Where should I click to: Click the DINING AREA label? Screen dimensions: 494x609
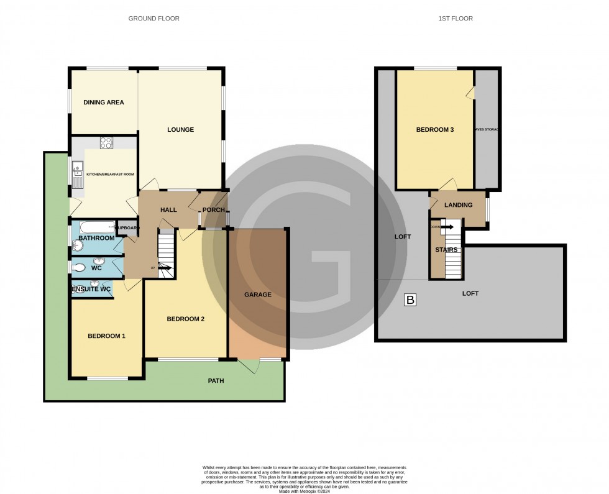pyautogui.click(x=104, y=103)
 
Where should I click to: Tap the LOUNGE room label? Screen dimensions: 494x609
pyautogui.click(x=180, y=130)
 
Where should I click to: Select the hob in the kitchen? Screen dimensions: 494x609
pyautogui.click(x=106, y=142)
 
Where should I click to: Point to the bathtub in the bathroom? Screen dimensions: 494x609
pyautogui.click(x=93, y=227)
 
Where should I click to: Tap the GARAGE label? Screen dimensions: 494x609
pyautogui.click(x=257, y=295)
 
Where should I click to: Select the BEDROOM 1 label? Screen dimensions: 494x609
pyautogui.click(x=106, y=336)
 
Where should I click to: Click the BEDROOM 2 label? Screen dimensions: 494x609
pyautogui.click(x=185, y=319)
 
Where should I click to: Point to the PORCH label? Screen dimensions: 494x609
pyautogui.click(x=214, y=210)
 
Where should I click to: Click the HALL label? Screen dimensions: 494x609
pyautogui.click(x=168, y=210)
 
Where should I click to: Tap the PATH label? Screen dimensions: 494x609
pyautogui.click(x=216, y=381)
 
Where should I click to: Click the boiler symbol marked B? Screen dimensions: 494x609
pyautogui.click(x=410, y=300)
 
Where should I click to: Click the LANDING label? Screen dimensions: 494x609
pyautogui.click(x=459, y=205)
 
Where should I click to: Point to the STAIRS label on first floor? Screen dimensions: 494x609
pyautogui.click(x=446, y=250)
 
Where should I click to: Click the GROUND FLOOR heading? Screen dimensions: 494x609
pyautogui.click(x=153, y=19)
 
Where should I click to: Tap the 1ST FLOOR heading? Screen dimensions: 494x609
pyautogui.click(x=455, y=19)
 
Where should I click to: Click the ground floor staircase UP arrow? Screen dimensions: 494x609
pyautogui.click(x=165, y=268)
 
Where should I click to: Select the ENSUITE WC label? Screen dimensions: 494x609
pyautogui.click(x=91, y=290)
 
